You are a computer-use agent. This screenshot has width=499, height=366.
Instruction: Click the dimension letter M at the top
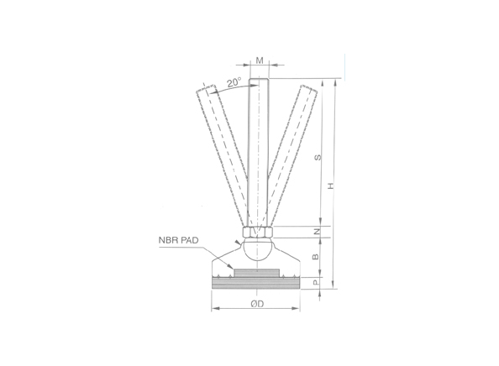pos(260,60)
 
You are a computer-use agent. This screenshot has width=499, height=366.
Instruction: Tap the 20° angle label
pos(234,82)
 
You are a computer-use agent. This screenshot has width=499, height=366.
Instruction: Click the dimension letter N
pos(316,232)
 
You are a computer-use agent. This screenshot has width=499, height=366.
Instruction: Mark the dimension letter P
pos(316,284)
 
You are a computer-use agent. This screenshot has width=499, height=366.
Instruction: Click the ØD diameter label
pos(257,303)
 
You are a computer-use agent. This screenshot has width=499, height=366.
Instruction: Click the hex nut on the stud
pos(257,232)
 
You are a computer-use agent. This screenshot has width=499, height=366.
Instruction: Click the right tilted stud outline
pos(294,143)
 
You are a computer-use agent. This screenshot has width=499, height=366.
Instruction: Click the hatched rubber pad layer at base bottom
pos(256,285)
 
